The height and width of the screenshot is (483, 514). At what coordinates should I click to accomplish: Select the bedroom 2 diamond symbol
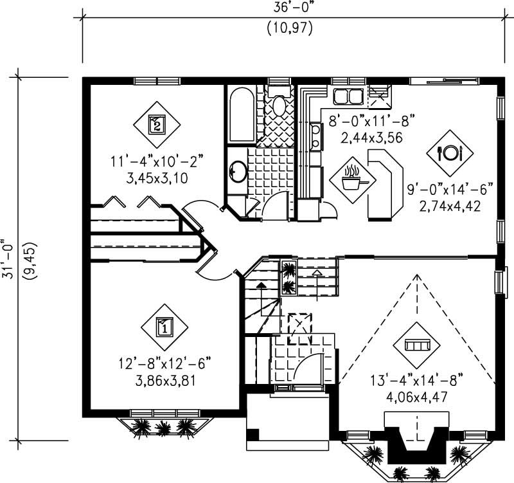coord(157,123)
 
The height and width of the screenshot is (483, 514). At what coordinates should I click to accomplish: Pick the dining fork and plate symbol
coord(450,152)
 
